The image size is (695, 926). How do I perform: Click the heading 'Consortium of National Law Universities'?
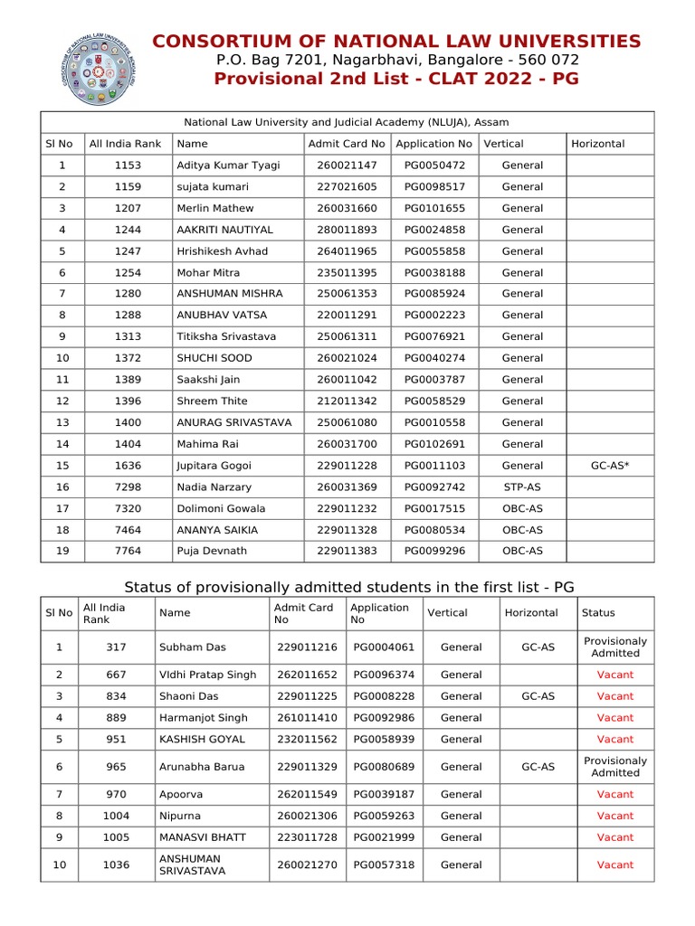point(396,41)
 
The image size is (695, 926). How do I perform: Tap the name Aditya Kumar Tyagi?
point(228,165)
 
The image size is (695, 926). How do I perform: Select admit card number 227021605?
point(347,187)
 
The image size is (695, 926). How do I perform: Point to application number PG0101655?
point(434,208)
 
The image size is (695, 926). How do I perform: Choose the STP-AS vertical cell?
point(522,487)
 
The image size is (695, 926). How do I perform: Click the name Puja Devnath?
point(212,551)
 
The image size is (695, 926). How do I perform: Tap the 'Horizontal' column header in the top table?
point(597,144)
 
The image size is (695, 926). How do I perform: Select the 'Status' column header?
point(597,613)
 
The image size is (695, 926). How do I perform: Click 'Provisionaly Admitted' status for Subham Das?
point(614,647)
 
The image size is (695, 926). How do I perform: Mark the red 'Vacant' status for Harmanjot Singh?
point(614,718)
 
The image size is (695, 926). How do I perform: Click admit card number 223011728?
point(307,837)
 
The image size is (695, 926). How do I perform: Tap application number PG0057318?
point(384,865)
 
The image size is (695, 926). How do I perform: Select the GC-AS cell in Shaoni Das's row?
point(538,696)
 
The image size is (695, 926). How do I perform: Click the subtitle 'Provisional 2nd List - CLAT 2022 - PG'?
point(396,79)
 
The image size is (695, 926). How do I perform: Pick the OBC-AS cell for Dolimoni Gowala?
point(522,508)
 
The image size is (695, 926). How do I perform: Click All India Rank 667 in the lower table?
point(115,675)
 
